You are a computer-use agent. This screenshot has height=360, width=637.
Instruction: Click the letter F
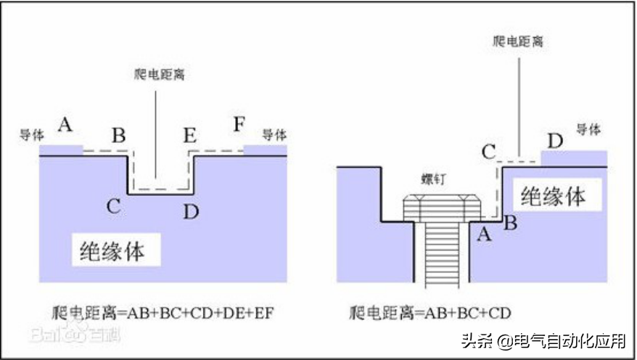pos(239,123)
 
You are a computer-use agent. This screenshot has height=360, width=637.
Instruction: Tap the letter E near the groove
pos(190,135)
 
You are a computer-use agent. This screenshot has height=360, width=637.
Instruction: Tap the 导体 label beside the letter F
pos(274,135)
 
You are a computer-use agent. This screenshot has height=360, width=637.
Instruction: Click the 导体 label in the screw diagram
pos(588,129)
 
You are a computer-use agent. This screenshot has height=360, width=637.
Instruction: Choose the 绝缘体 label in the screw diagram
pos(553,195)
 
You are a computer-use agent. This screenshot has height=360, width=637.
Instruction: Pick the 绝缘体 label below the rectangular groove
pos(112,251)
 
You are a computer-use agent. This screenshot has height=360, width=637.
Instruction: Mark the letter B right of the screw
pos(510,223)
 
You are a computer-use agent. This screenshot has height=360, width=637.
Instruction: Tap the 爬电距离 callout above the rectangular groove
pos(160,73)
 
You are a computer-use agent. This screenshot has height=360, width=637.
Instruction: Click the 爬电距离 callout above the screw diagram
pos(518,41)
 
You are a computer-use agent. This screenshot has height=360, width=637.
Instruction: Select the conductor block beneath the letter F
pos(266,150)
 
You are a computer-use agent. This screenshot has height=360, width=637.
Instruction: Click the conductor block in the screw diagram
pos(574,158)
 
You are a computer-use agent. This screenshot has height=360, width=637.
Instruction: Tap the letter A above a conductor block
pos(66,125)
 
